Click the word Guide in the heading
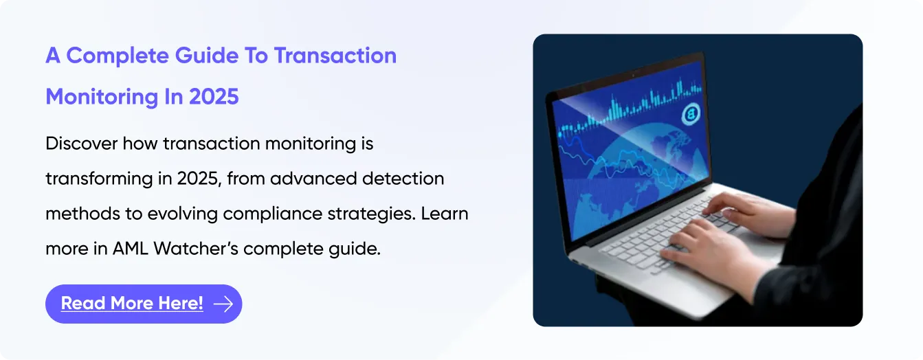[207, 56]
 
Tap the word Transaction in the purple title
[335, 56]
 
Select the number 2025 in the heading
[214, 97]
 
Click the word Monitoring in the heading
[102, 97]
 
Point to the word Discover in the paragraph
[82, 144]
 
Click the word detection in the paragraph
[403, 179]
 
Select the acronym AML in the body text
[130, 249]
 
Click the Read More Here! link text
[132, 304]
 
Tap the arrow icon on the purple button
[223, 304]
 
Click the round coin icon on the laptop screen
[691, 113]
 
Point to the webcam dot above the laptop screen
[634, 76]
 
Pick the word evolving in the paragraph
[183, 214]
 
